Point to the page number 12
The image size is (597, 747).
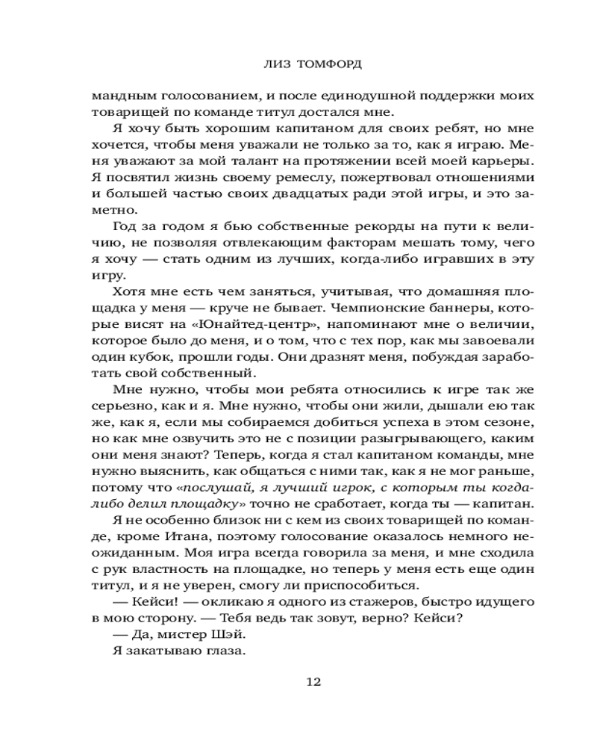coord(314,682)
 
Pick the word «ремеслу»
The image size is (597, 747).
coord(280,177)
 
